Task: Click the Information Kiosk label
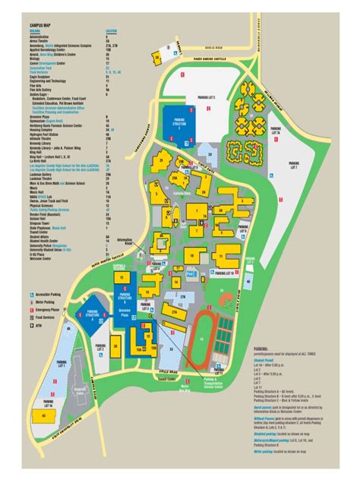[115, 243]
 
